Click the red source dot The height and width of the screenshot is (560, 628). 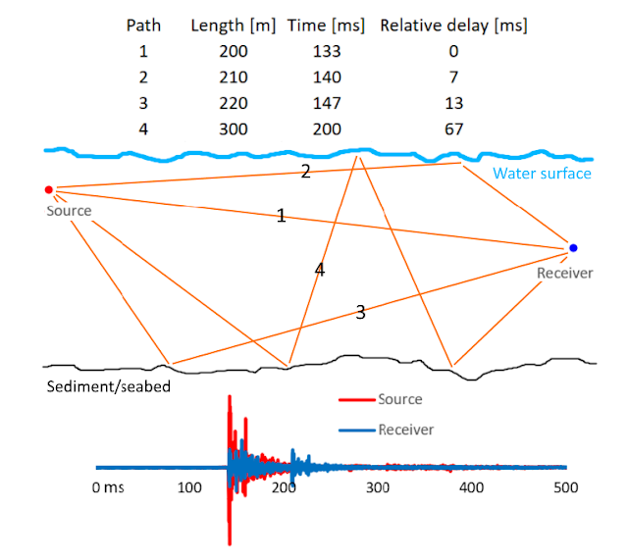coord(49,189)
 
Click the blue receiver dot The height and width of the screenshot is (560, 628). coord(573,248)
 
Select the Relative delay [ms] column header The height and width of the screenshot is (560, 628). coord(453,25)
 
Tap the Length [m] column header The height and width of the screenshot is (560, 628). coord(234,25)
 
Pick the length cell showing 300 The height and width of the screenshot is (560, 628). coord(234,129)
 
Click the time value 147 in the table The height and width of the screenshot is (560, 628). coord(327,103)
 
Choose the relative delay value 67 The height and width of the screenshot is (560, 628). coord(453,129)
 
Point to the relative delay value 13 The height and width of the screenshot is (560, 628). coord(453,103)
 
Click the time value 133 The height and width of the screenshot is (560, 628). coord(327,51)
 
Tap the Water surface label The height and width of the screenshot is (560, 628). coord(542,174)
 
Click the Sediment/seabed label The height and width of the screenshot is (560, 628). coord(109,386)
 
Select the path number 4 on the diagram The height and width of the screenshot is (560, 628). coord(320,270)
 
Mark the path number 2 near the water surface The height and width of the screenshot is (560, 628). coord(305,172)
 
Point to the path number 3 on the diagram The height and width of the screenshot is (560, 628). coord(360,312)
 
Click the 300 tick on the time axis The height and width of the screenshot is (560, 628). coord(378,487)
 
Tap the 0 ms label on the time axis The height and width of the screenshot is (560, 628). coord(108,487)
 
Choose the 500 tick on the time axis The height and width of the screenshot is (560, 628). coord(566,487)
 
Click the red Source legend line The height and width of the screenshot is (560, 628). coord(357,399)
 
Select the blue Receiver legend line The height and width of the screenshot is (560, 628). coord(357,431)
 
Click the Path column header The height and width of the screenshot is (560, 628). coord(143,25)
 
